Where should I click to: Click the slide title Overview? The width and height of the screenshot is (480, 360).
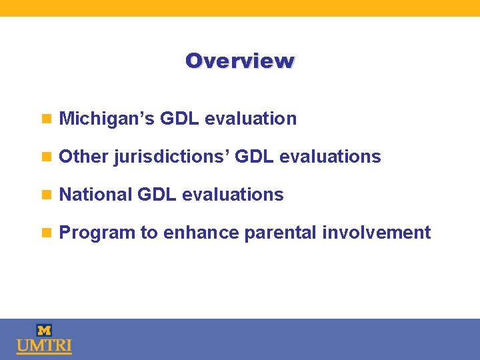240,61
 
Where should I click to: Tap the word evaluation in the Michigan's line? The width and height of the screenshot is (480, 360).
251,119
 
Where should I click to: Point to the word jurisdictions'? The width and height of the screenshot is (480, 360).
171,157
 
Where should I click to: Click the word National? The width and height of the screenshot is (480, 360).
95,195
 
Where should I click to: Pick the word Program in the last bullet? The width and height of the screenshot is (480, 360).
97,233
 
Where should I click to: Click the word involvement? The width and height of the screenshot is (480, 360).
377,233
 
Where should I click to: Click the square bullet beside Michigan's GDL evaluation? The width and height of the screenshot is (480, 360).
46,119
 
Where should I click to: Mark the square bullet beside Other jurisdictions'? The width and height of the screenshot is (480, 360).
46,157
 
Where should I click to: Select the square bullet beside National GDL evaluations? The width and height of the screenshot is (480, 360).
46,195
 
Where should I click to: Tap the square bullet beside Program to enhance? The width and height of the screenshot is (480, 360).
46,233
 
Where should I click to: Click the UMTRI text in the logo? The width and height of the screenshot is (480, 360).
44,347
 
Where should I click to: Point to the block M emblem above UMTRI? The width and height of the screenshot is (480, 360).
44,330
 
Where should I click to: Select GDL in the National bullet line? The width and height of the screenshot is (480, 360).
157,195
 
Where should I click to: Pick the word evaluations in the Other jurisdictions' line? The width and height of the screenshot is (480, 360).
330,157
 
